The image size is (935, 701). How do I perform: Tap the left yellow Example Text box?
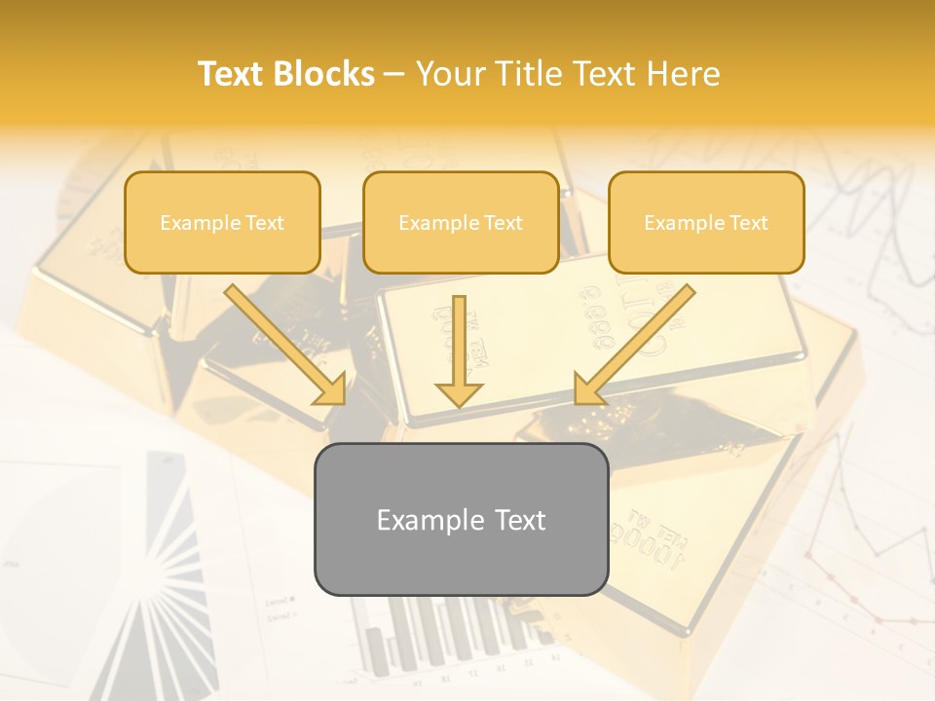(x=222, y=222)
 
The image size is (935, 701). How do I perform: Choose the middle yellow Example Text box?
(x=461, y=222)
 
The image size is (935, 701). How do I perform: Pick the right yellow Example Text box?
(x=706, y=222)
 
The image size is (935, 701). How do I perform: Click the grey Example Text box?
(x=461, y=520)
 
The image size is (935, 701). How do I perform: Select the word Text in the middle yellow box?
(x=503, y=223)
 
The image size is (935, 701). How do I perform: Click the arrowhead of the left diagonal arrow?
(x=330, y=388)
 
